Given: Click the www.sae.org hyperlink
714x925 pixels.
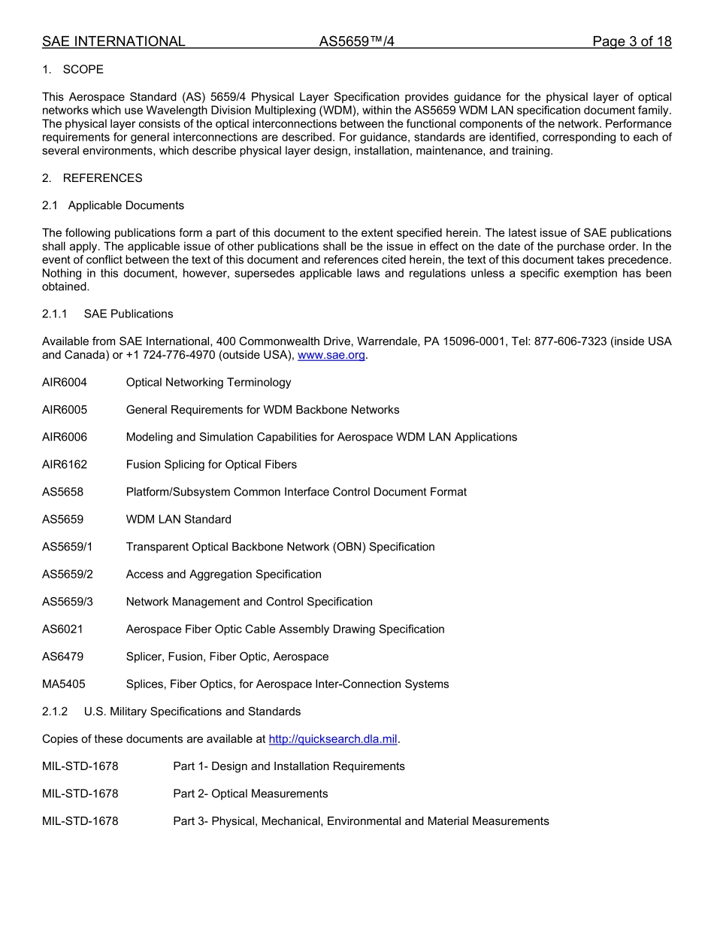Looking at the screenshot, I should click(x=331, y=355).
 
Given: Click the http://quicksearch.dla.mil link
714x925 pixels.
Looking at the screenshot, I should click(x=332, y=739).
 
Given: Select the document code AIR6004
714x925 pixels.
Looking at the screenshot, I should click(x=65, y=383).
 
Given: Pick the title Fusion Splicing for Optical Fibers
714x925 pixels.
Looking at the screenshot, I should click(x=211, y=465).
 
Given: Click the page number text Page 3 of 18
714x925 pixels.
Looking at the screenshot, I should click(x=631, y=41).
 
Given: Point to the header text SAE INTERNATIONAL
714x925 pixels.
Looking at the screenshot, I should click(x=113, y=41).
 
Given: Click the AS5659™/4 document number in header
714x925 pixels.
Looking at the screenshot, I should click(x=356, y=41).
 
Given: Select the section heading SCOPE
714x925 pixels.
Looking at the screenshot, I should click(x=83, y=70).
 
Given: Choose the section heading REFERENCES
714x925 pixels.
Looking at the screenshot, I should click(x=102, y=178).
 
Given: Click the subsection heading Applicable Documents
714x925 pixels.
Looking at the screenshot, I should click(x=126, y=206).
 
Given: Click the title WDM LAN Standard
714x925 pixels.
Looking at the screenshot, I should click(x=179, y=520).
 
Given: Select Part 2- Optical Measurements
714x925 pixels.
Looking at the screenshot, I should click(x=250, y=794).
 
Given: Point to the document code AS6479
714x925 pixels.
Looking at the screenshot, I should click(x=63, y=657).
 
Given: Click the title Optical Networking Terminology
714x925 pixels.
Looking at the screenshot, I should click(x=208, y=383).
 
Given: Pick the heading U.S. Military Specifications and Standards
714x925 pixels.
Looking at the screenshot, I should click(x=192, y=712).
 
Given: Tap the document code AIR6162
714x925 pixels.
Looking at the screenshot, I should click(x=65, y=465).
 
